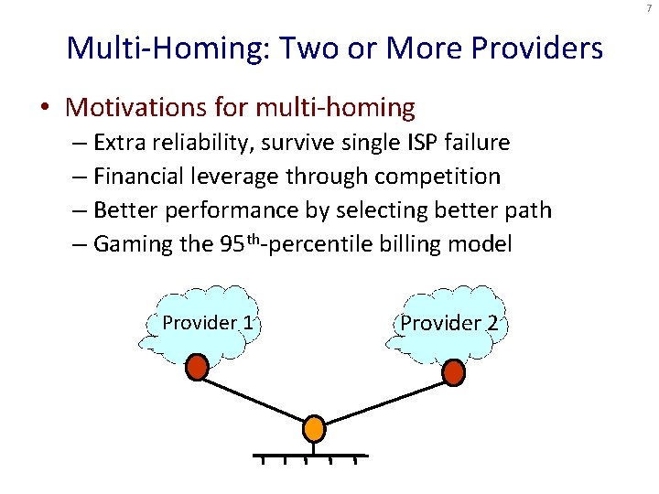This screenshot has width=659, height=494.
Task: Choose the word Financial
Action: tap(136, 176)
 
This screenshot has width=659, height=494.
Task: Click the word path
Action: tap(532, 209)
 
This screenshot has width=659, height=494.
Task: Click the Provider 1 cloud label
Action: tap(207, 322)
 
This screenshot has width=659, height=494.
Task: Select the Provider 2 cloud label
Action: tap(448, 322)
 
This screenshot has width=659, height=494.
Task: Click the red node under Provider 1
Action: tap(197, 369)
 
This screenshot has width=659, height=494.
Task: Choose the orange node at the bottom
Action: tap(314, 429)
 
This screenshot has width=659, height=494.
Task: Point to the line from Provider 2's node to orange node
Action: tap(384, 400)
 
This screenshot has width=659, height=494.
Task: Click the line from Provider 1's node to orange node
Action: tap(255, 399)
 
